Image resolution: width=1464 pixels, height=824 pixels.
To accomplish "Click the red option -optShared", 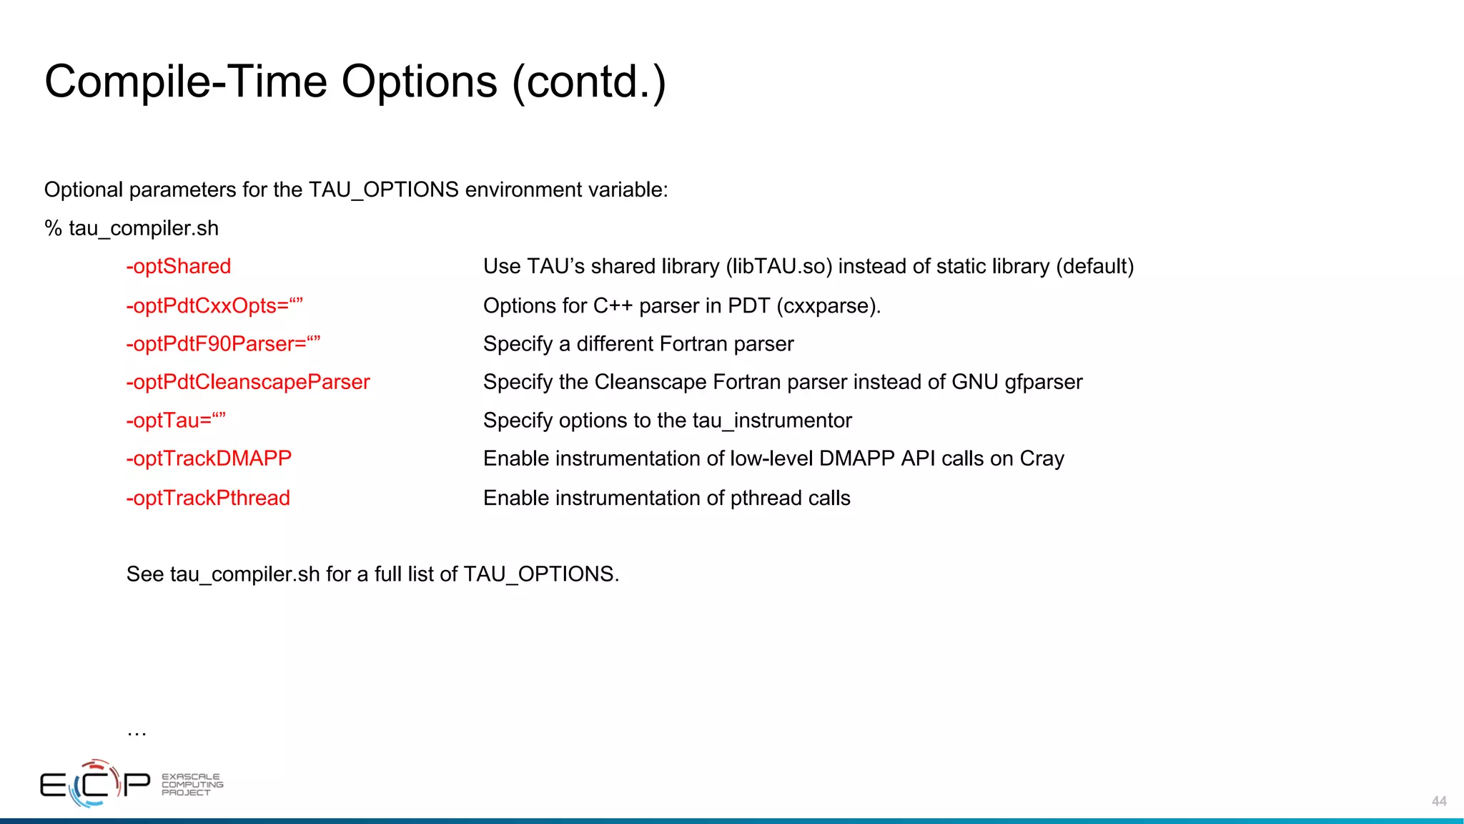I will [179, 267].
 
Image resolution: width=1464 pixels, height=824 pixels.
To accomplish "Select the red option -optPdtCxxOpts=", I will [214, 306].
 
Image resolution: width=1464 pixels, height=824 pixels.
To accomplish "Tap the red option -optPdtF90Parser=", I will [223, 344].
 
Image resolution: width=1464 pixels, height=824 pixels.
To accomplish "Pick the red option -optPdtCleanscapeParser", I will [248, 383].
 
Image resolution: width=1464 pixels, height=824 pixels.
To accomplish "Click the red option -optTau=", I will [176, 421].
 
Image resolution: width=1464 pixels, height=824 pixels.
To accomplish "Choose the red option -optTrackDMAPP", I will [209, 458].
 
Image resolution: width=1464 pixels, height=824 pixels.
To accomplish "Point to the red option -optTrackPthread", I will [208, 498].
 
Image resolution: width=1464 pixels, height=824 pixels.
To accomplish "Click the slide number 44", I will [1439, 801].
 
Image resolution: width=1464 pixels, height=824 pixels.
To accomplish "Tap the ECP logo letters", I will [95, 785].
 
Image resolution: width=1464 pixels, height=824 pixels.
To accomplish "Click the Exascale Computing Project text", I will [192, 785].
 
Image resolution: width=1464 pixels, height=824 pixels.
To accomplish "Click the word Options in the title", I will [419, 82].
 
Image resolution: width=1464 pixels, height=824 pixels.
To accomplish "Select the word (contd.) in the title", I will [589, 82].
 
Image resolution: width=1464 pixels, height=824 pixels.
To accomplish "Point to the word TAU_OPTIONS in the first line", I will [383, 190].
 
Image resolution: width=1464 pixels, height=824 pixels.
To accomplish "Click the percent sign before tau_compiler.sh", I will [53, 229].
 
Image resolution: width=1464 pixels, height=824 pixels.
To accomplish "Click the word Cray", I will [1042, 459].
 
